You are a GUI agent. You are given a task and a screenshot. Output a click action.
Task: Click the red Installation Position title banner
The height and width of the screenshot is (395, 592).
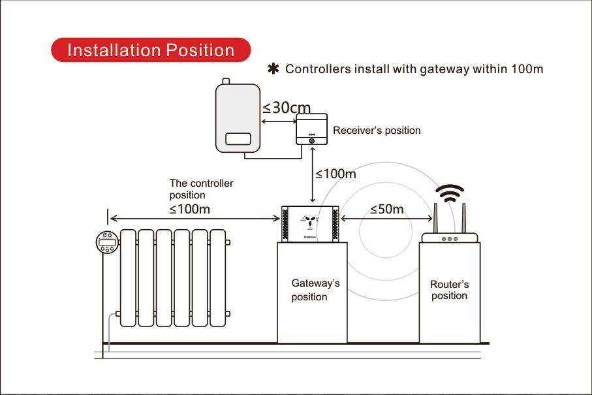pyautogui.click(x=151, y=50)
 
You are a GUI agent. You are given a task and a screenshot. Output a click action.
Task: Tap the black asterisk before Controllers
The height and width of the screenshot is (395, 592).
pyautogui.click(x=273, y=69)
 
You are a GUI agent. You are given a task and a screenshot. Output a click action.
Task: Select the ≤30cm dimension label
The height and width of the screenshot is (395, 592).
pyautogui.click(x=287, y=108)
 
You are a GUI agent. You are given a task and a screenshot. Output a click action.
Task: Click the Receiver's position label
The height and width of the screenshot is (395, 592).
pyautogui.click(x=377, y=131)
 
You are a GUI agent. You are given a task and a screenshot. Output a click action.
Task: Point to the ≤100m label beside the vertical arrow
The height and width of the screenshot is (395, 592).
pyautogui.click(x=335, y=174)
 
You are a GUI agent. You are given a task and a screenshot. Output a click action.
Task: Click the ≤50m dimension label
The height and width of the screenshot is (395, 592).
pyautogui.click(x=386, y=209)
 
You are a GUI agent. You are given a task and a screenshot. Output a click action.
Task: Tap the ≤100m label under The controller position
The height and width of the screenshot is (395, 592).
pyautogui.click(x=189, y=209)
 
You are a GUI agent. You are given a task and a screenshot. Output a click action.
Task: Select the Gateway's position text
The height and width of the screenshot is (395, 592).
pyautogui.click(x=315, y=290)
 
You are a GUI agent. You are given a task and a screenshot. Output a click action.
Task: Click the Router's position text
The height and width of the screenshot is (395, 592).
pyautogui.click(x=449, y=290)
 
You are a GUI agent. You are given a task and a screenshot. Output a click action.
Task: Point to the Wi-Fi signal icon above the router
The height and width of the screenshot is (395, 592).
pyautogui.click(x=449, y=193)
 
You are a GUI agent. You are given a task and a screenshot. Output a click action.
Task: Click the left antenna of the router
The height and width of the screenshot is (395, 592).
pyautogui.click(x=435, y=218)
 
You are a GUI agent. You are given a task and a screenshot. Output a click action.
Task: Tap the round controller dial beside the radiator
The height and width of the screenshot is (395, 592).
pyautogui.click(x=107, y=242)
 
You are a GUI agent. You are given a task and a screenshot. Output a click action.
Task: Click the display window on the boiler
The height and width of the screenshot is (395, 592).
pyautogui.click(x=238, y=138)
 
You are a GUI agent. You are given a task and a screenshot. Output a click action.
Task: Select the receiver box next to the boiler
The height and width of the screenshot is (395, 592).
pyautogui.click(x=311, y=129)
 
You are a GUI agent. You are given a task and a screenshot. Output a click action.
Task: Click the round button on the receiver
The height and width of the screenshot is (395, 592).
pyautogui.click(x=311, y=141)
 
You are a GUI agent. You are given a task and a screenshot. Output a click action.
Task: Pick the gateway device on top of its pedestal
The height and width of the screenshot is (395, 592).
pyautogui.click(x=310, y=224)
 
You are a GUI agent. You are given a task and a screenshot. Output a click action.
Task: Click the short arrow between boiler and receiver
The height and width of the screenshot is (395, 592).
pyautogui.click(x=279, y=121)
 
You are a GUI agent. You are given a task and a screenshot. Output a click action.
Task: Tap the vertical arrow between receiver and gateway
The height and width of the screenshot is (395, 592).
pyautogui.click(x=312, y=175)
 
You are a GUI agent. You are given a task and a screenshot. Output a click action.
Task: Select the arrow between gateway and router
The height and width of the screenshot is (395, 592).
pyautogui.click(x=386, y=218)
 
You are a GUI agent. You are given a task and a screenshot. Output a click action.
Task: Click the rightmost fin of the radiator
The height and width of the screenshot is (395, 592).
pyautogui.click(x=218, y=278)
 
